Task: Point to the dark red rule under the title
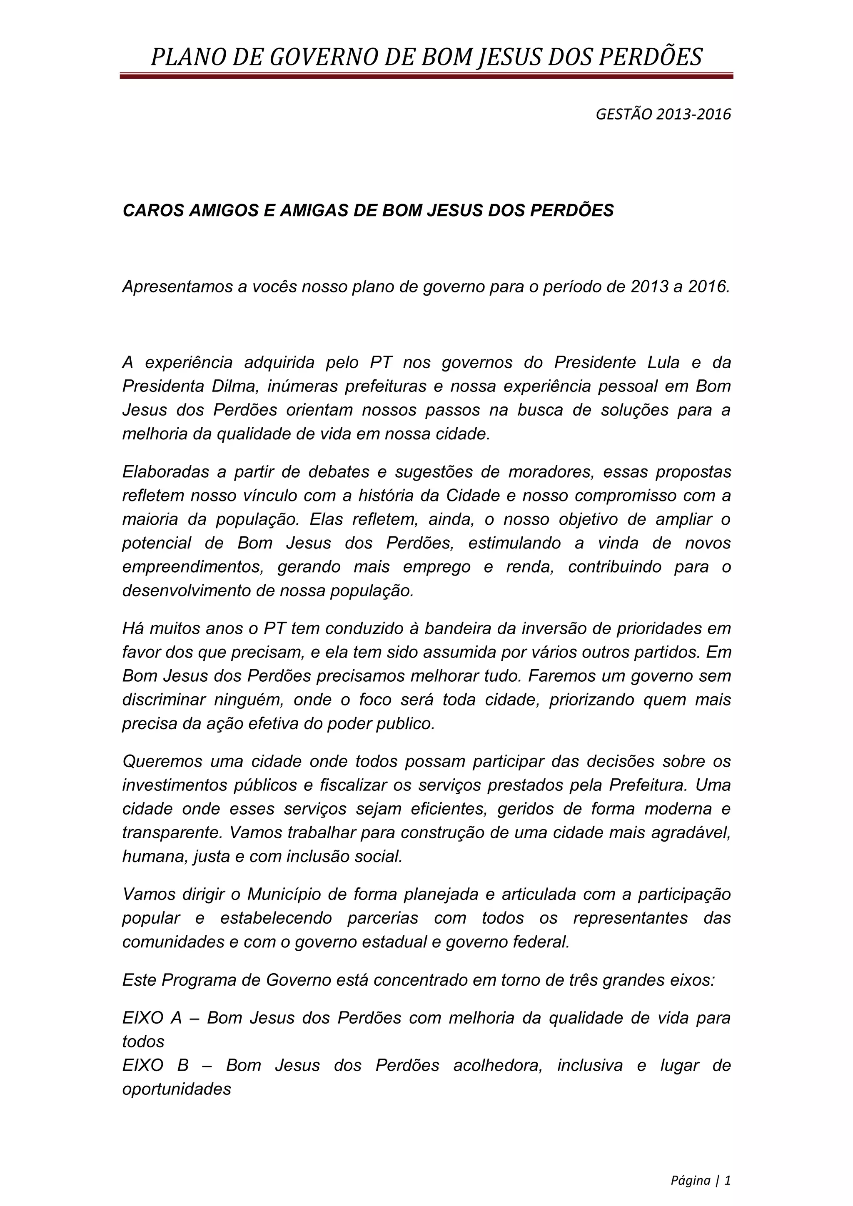coord(426,76)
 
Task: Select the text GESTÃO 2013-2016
coord(663,114)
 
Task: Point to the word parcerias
coord(383,918)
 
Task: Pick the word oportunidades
coord(177,1089)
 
